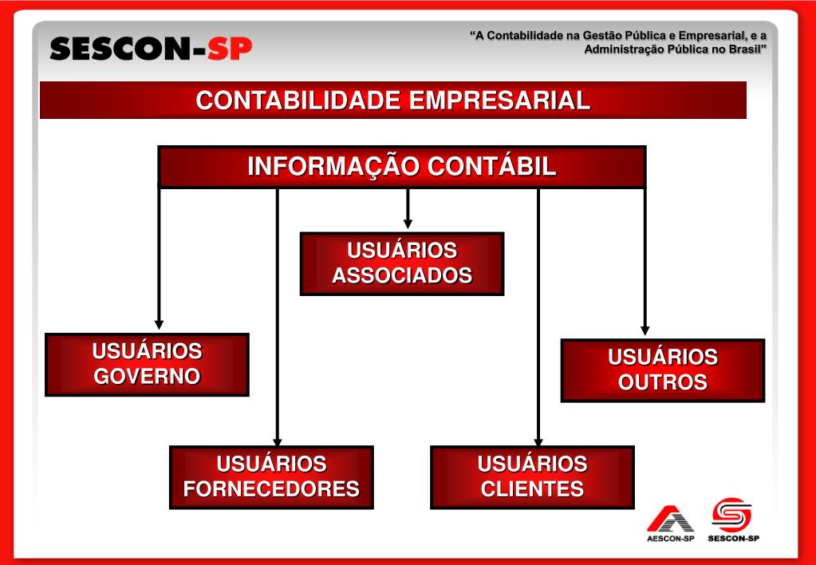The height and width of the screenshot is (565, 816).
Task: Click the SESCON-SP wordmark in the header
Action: pyautogui.click(x=151, y=49)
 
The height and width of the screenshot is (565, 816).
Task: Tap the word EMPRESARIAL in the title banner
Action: pyautogui.click(x=500, y=101)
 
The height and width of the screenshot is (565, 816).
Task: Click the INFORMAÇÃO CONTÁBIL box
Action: pyautogui.click(x=402, y=167)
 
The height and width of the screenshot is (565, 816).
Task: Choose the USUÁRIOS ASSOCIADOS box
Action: pyautogui.click(x=402, y=263)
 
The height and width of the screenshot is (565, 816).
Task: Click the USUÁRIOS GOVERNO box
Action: pyautogui.click(x=147, y=364)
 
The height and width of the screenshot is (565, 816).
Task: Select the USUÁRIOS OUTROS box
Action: pyautogui.click(x=663, y=369)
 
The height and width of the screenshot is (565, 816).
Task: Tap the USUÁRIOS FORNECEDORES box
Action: pyautogui.click(x=271, y=476)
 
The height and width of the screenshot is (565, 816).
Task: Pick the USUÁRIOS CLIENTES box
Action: pyautogui.click(x=532, y=476)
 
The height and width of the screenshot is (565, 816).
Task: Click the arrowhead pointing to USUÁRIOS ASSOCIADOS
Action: pyautogui.click(x=408, y=223)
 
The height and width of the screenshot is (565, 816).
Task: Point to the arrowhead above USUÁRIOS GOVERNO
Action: pyautogui.click(x=159, y=324)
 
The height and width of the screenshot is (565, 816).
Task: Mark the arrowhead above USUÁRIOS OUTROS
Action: pyautogui.click(x=645, y=330)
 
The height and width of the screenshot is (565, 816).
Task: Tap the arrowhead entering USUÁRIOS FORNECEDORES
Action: pyautogui.click(x=278, y=441)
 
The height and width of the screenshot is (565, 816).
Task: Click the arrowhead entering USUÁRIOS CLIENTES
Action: pyautogui.click(x=538, y=441)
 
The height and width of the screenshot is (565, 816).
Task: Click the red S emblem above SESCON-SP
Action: pyautogui.click(x=732, y=515)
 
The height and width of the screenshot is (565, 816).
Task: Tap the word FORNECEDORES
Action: pyautogui.click(x=271, y=489)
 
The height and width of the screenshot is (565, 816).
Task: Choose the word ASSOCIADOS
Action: pyautogui.click(x=402, y=276)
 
